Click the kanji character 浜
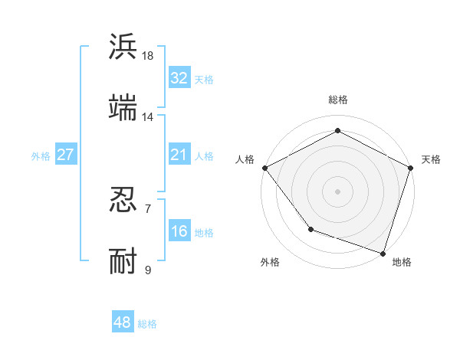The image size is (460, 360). tap(123, 47)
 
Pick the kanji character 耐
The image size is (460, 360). tap(123, 261)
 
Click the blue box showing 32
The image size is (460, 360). tap(179, 78)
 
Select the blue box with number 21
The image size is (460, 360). tap(179, 155)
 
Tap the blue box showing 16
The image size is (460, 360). tap(179, 232)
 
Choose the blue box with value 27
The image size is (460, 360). tap(65, 155)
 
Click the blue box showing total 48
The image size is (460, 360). tap(122, 322)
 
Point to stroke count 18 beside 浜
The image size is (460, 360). tap(148, 56)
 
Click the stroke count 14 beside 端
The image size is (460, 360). tap(148, 117)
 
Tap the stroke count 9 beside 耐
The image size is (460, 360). tap(148, 270)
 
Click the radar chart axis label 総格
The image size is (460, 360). tap(338, 100)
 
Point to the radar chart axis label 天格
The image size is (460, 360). tap(431, 159)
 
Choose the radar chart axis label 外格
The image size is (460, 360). tap(270, 262)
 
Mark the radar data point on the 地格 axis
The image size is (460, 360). tap(383, 253)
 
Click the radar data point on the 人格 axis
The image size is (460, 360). tap(264, 168)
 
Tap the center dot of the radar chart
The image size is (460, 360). tap(338, 191)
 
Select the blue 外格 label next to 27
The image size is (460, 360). tap(41, 156)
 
